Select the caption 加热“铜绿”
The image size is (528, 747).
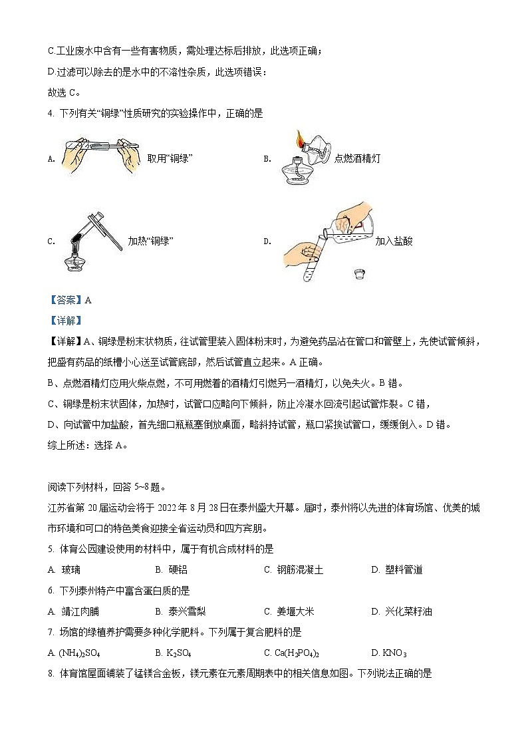[x=150, y=241]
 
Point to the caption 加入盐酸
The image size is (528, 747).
[x=394, y=241]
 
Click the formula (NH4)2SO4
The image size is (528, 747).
[x=73, y=653]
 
